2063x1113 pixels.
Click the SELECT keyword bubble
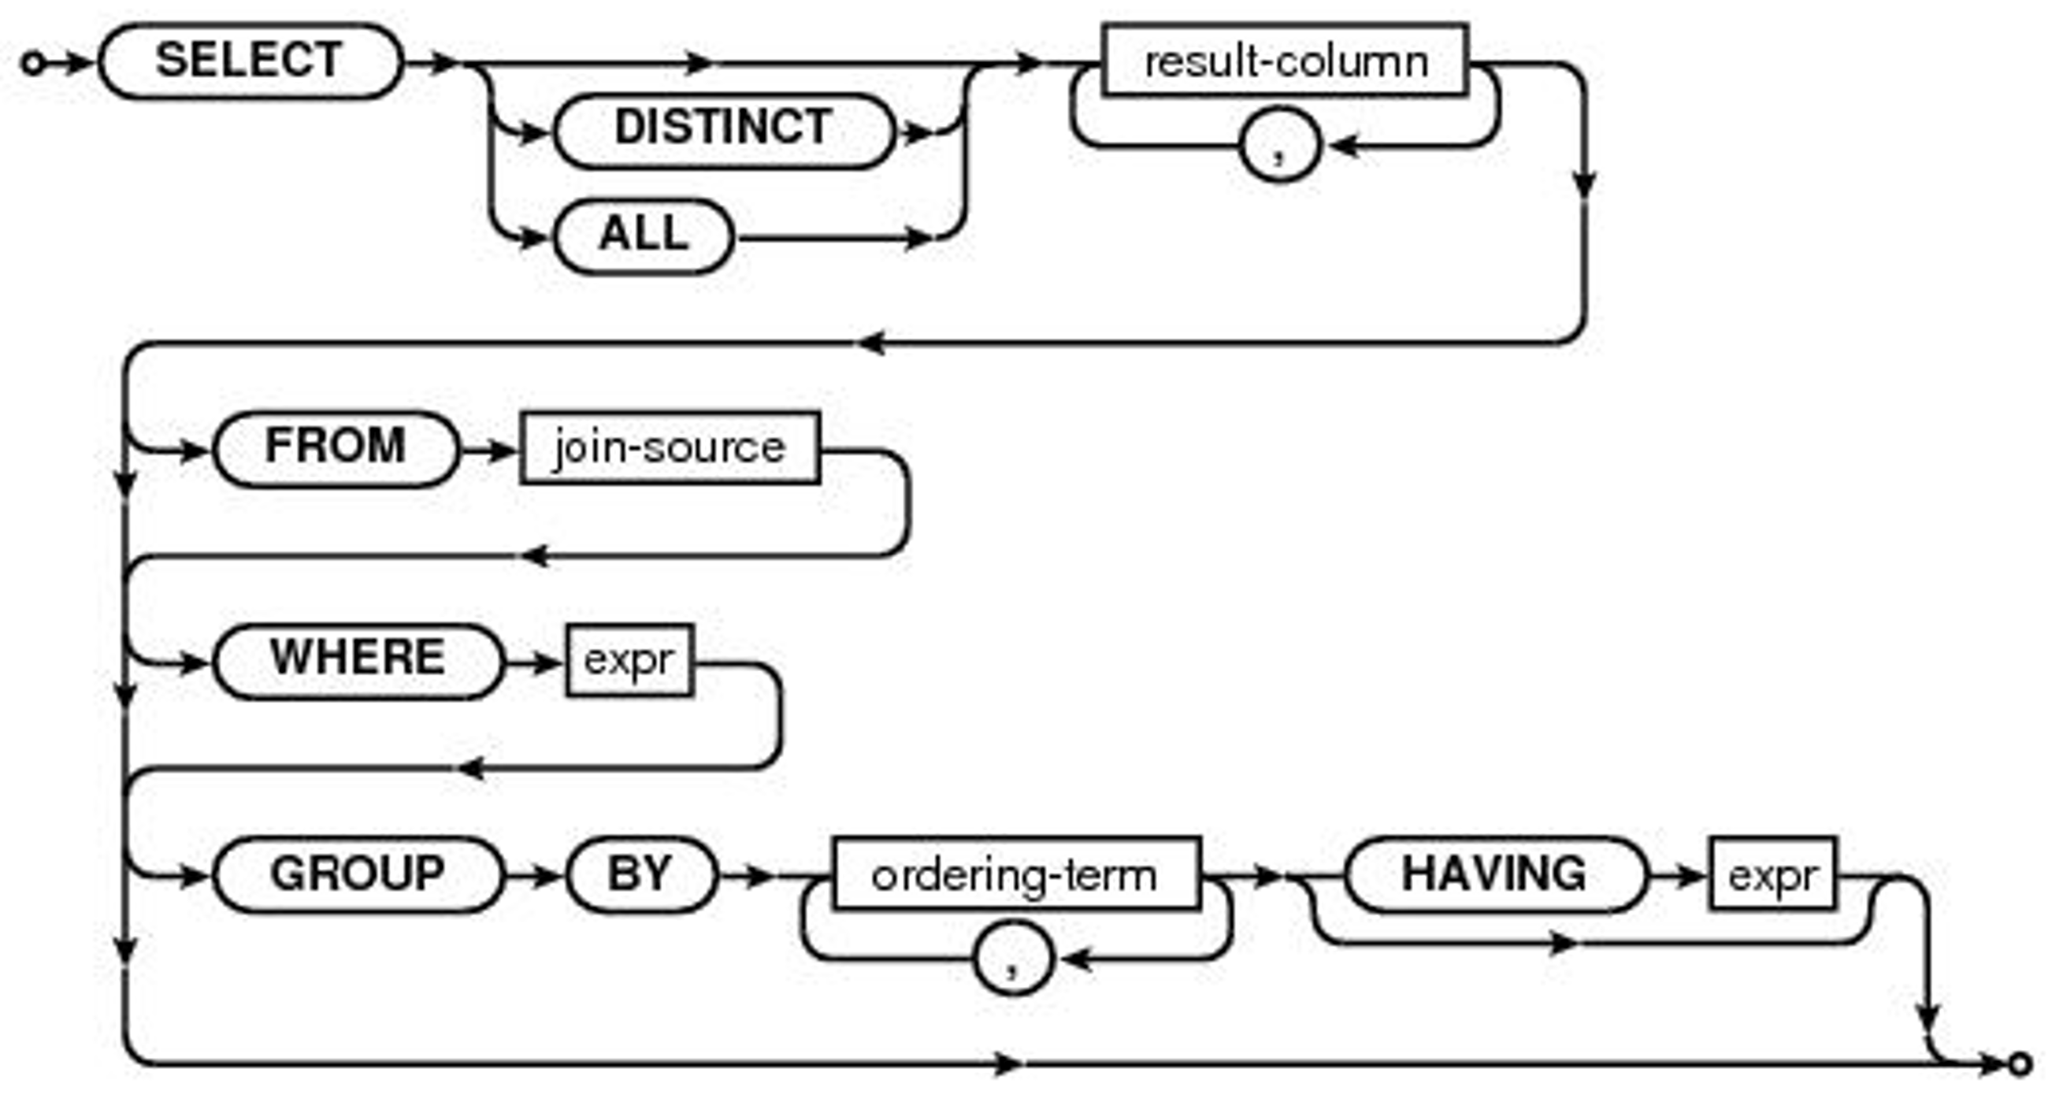[250, 61]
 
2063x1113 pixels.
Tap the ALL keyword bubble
[643, 236]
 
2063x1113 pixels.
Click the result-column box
[1285, 61]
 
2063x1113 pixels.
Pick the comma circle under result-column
[1279, 146]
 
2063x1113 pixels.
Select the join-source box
[670, 448]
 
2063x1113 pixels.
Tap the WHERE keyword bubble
[358, 662]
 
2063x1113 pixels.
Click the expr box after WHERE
[629, 661]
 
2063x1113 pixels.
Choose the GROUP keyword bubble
[358, 874]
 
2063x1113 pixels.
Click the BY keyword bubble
[640, 874]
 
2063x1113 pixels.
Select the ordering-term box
[1015, 874]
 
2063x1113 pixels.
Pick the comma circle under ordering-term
[1012, 958]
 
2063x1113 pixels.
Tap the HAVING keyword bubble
[1493, 874]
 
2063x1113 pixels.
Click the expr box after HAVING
[1772, 874]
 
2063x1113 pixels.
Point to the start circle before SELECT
[33, 62]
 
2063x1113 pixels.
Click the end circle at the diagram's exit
[2020, 1064]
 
